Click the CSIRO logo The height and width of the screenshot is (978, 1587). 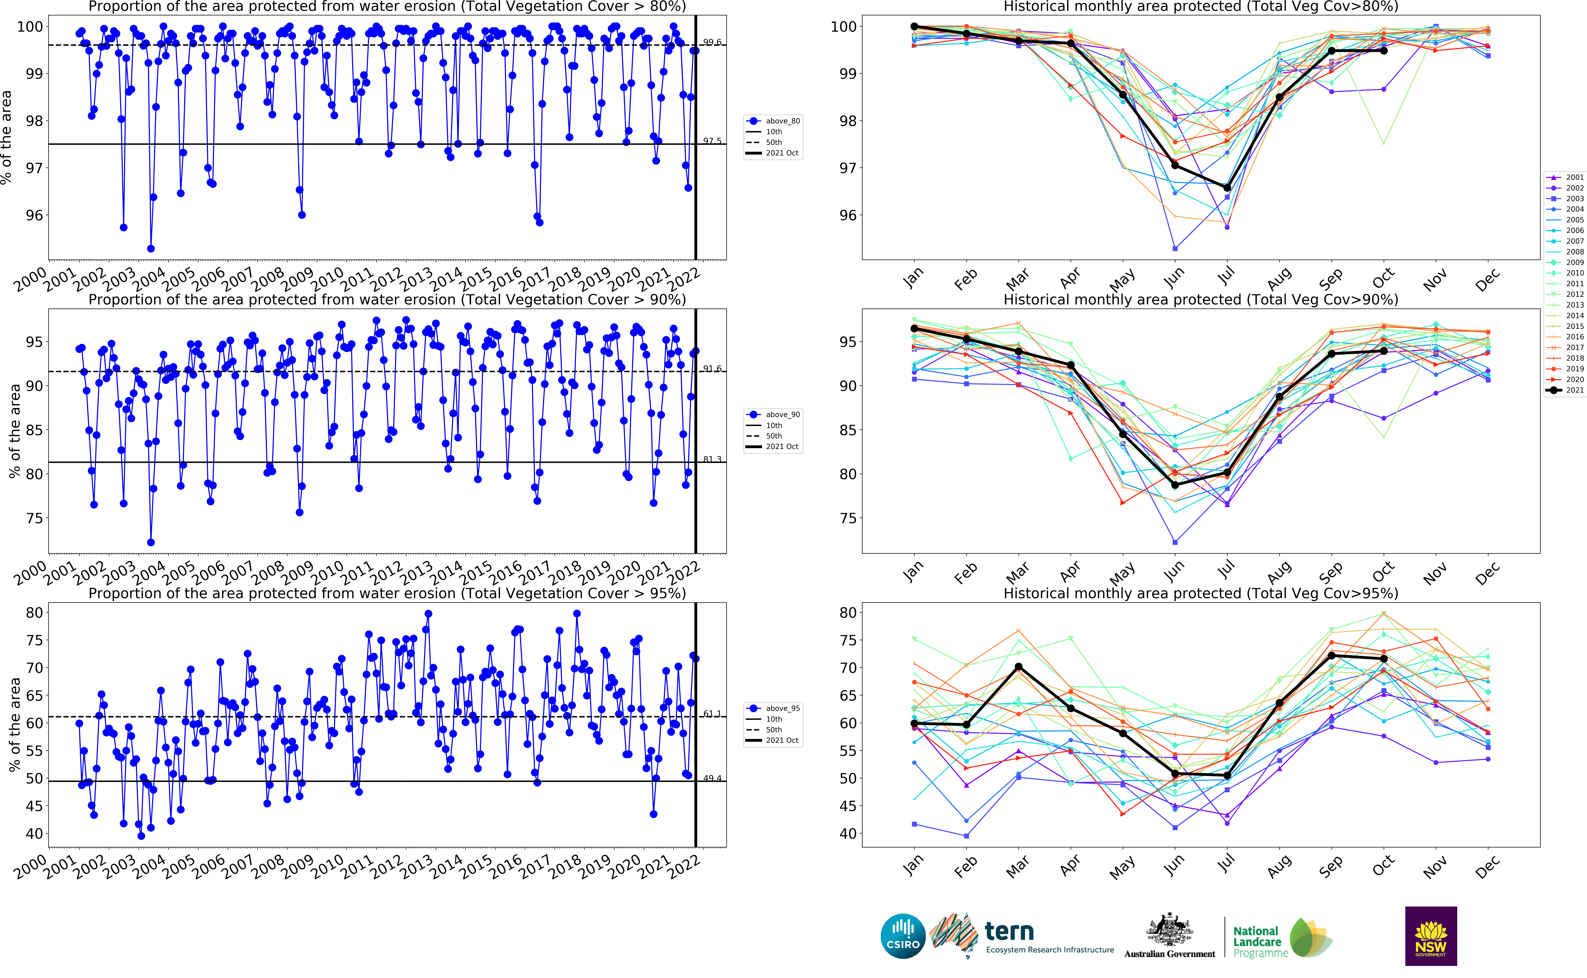coord(903,936)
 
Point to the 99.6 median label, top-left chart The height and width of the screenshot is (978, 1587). coord(712,42)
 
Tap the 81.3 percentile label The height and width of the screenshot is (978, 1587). coord(712,459)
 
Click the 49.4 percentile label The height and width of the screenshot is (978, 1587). coord(712,778)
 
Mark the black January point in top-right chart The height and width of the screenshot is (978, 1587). coord(914,27)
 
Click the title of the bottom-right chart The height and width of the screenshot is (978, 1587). coord(1200,593)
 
